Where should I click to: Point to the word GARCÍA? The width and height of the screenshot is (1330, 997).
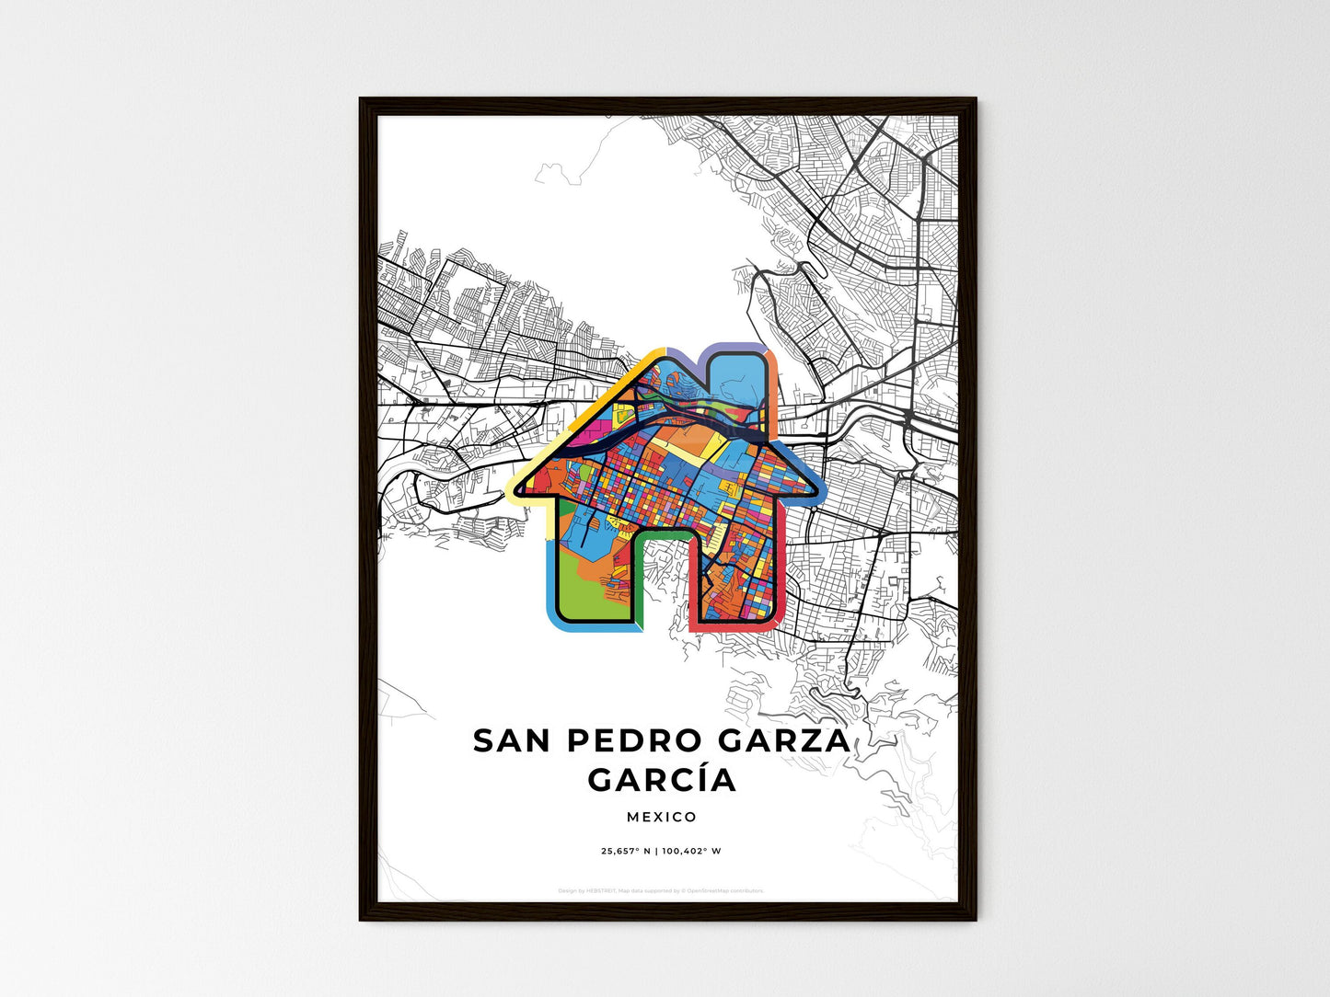pyautogui.click(x=662, y=780)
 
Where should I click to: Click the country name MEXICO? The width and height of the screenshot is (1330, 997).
pyautogui.click(x=662, y=817)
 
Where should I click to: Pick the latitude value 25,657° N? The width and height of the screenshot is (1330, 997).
pyautogui.click(x=625, y=851)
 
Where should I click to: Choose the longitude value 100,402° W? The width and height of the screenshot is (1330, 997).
pyautogui.click(x=692, y=851)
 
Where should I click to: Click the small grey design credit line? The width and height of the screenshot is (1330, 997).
pyautogui.click(x=662, y=890)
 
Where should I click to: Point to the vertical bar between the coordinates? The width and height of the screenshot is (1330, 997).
pyautogui.click(x=657, y=851)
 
